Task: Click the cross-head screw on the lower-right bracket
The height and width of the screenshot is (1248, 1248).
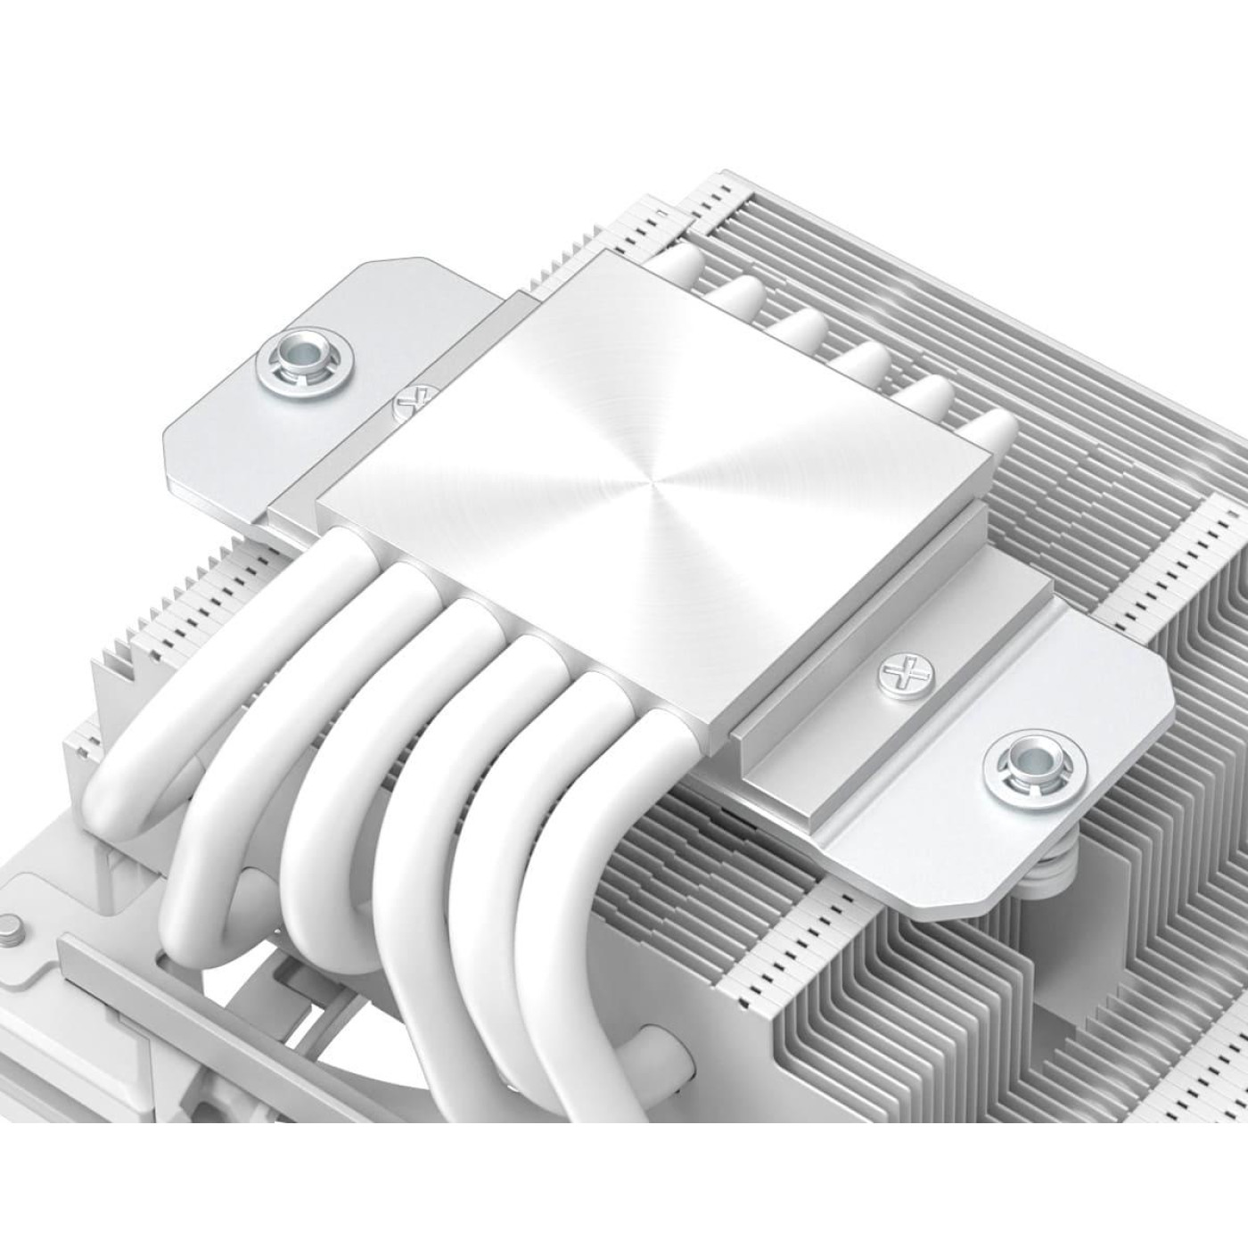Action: [x=897, y=670]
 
